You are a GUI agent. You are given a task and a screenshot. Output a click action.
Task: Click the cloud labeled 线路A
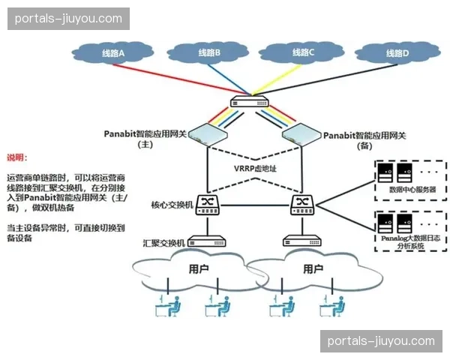[112, 52]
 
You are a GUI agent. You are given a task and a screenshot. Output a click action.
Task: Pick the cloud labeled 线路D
[396, 52]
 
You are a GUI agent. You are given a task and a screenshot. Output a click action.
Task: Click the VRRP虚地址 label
[256, 169]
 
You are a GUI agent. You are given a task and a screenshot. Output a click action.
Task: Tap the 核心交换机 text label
[172, 204]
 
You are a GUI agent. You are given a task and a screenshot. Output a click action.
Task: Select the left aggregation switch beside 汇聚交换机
[208, 241]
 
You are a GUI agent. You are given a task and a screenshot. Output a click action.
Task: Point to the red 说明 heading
[16, 157]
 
